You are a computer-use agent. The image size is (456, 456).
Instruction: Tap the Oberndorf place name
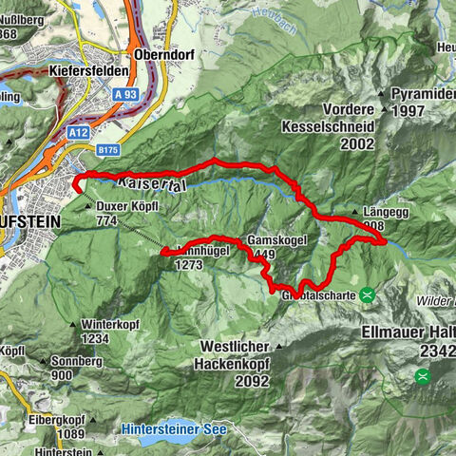(x=164, y=55)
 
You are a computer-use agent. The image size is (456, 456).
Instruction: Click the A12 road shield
(x=80, y=134)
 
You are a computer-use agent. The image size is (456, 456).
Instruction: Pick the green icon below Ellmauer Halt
(x=422, y=375)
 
